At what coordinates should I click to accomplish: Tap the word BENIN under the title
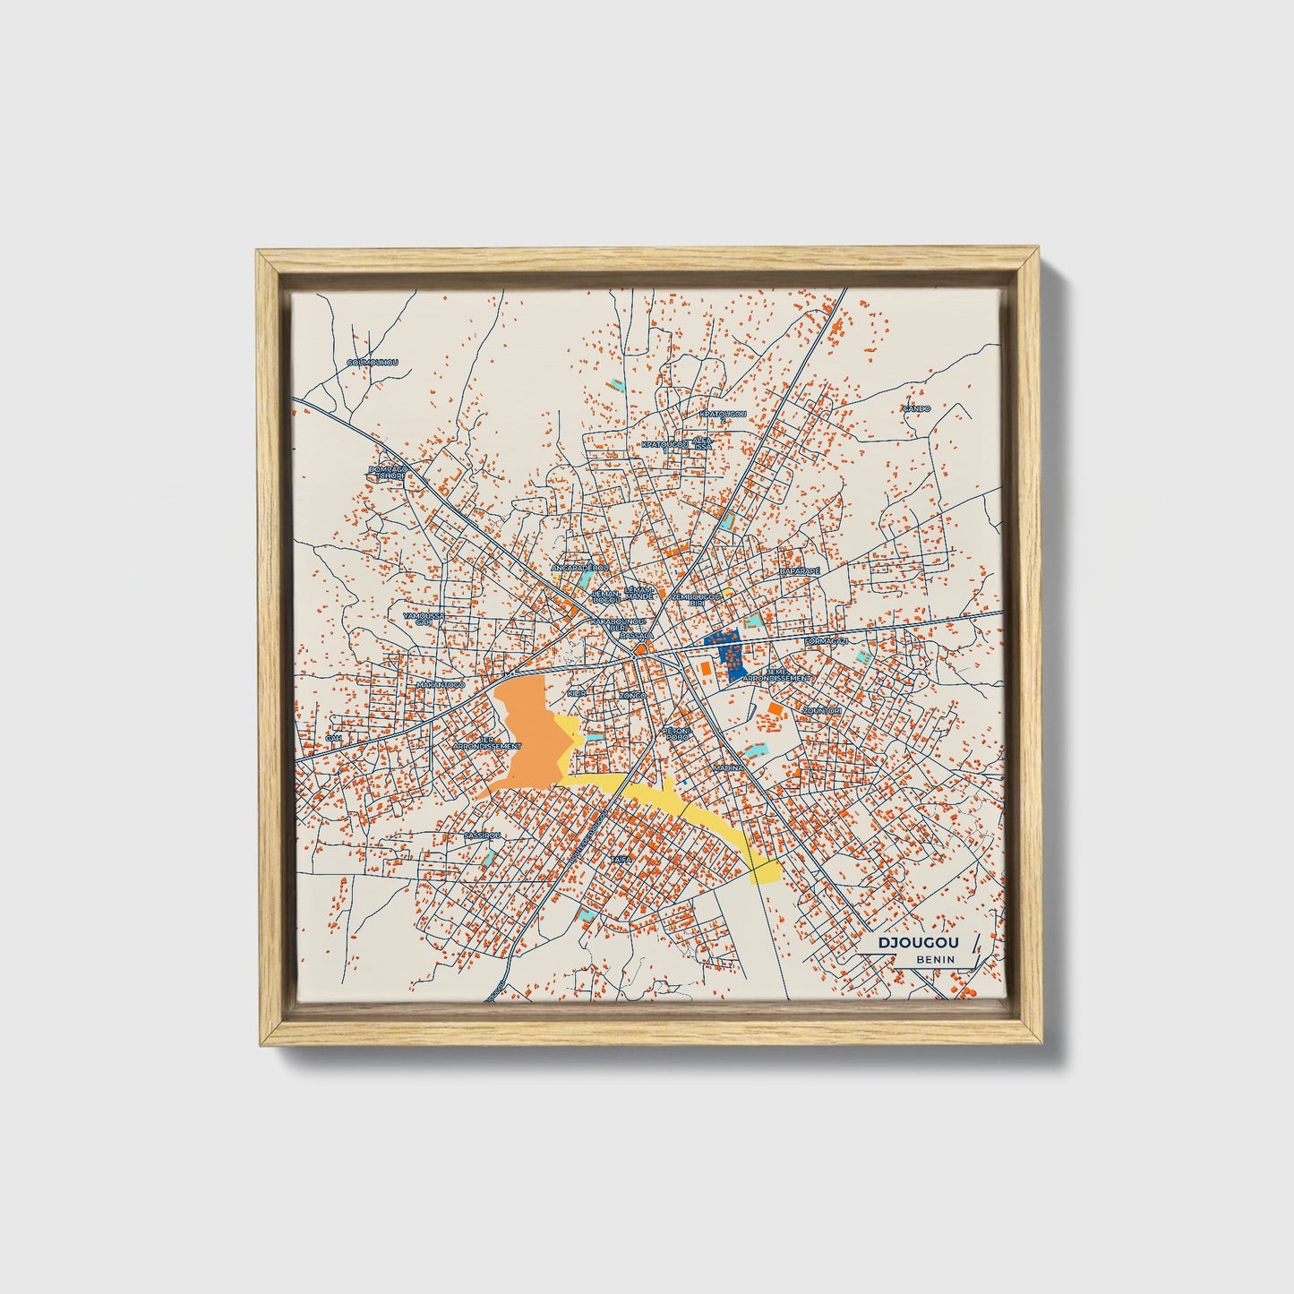(x=935, y=959)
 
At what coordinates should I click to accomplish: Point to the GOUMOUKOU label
(x=372, y=363)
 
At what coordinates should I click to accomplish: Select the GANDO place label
(x=916, y=408)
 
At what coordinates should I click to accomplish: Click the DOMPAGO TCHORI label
(x=389, y=472)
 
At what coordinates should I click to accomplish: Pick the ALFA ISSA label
(x=703, y=443)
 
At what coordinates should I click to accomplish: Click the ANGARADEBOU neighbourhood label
(x=579, y=568)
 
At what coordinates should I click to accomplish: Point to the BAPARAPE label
(x=800, y=570)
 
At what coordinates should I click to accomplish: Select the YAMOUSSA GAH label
(x=424, y=619)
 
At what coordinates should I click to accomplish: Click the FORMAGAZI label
(x=826, y=641)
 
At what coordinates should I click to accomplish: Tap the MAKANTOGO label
(x=441, y=685)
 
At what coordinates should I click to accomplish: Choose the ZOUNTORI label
(x=822, y=710)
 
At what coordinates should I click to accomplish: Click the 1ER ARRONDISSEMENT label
(x=486, y=743)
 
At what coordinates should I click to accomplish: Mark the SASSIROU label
(x=483, y=835)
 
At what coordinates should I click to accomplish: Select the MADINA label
(x=728, y=768)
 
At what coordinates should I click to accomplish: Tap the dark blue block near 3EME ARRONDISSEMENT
(x=727, y=652)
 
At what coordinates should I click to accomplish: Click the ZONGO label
(x=632, y=695)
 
